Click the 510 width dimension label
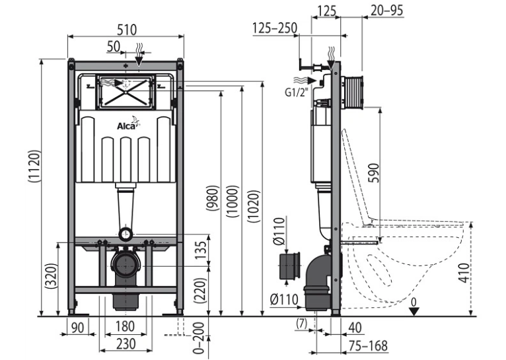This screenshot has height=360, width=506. (127, 30)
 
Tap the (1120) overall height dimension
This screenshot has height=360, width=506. (34, 166)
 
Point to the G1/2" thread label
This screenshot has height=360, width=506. (297, 92)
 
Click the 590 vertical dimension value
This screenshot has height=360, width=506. (374, 173)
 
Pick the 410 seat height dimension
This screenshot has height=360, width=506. (464, 273)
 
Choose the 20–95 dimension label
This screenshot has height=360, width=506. (387, 11)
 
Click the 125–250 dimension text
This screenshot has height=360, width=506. (275, 28)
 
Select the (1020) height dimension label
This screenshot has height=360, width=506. (254, 207)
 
